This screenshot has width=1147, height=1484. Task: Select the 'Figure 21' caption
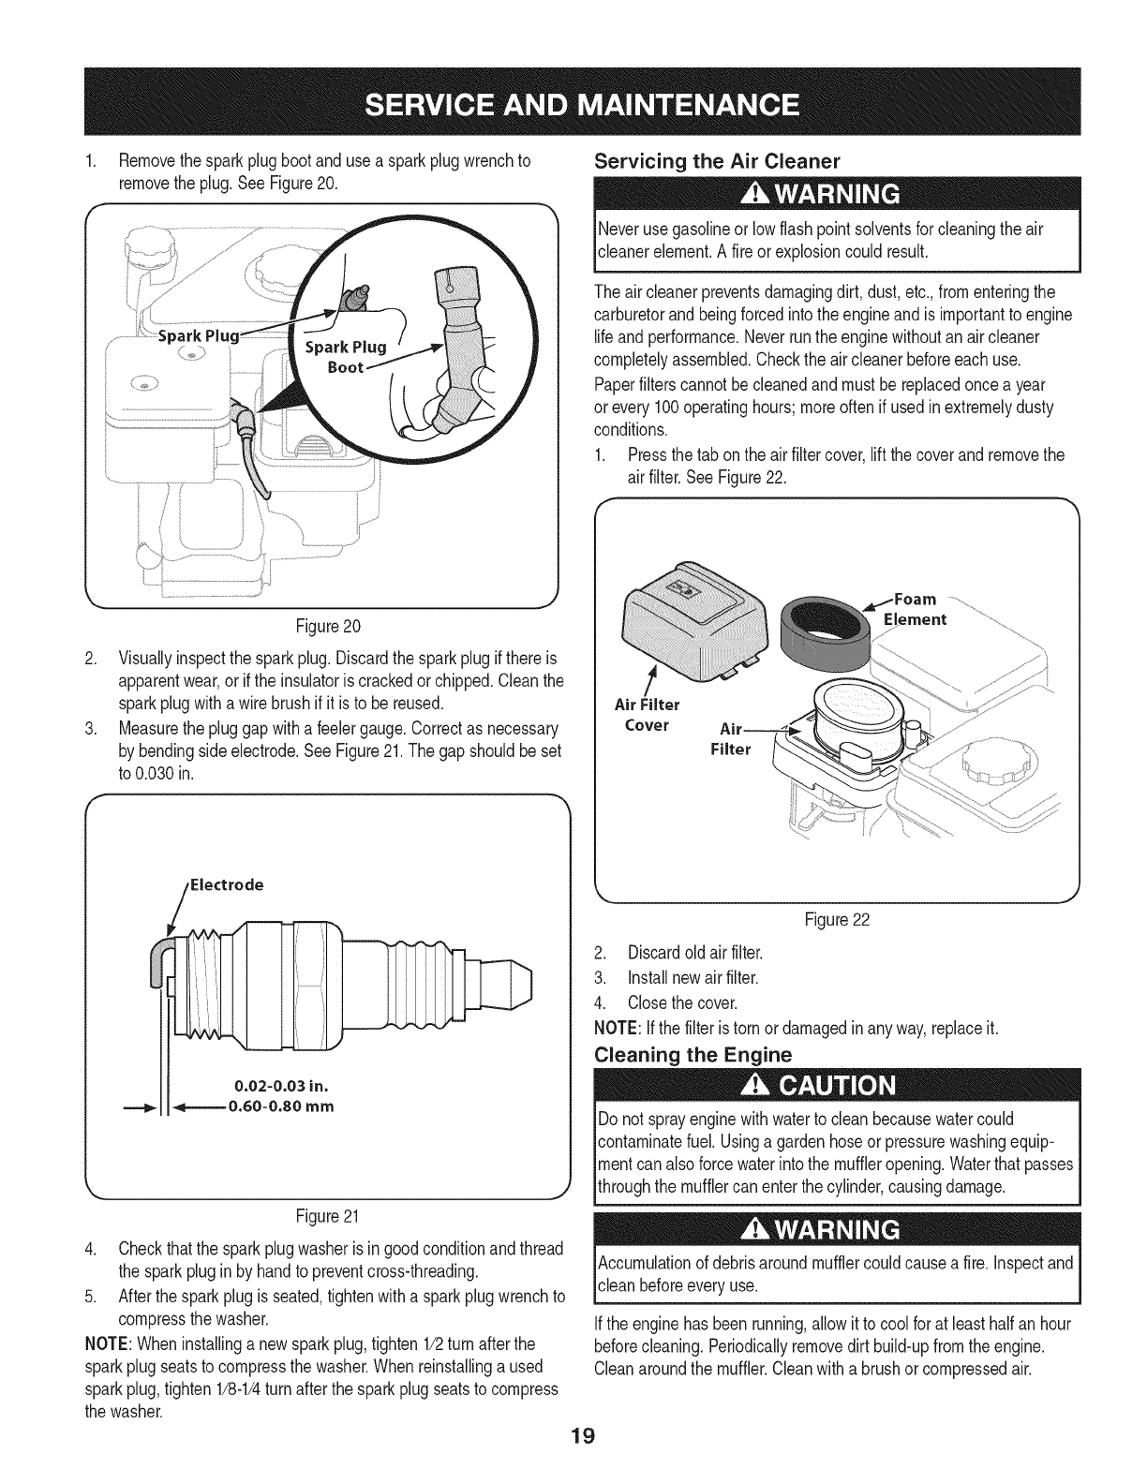(326, 1217)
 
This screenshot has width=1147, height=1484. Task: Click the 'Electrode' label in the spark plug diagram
(226, 884)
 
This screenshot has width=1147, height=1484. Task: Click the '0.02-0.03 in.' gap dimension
(279, 1087)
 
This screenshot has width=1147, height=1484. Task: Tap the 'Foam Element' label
(918, 609)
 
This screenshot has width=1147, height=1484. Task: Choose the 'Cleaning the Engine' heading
(693, 1055)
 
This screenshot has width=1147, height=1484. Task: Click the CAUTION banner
(837, 1088)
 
